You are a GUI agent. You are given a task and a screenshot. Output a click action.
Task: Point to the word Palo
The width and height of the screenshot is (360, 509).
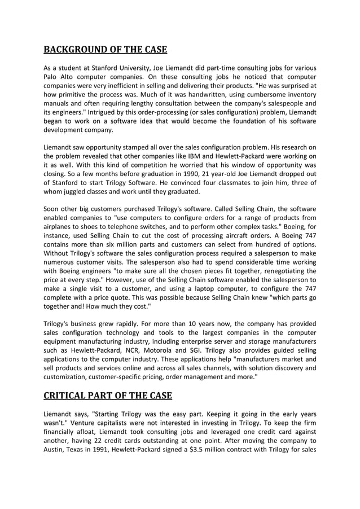pyautogui.click(x=51, y=77)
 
